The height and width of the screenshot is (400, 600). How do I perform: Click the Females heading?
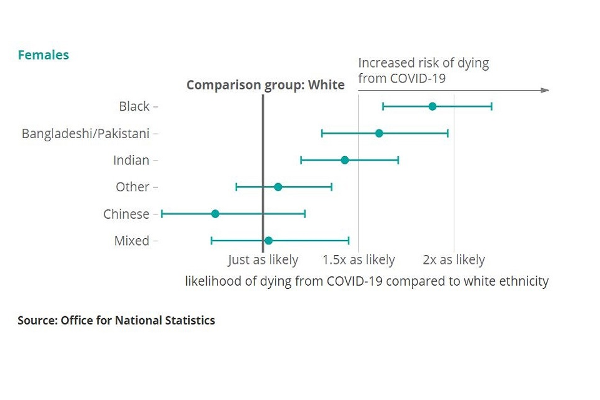[43, 55]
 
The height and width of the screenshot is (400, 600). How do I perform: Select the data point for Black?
[432, 106]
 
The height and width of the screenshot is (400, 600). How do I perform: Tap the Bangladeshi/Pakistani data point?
[379, 133]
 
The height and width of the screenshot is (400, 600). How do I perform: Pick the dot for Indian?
[344, 160]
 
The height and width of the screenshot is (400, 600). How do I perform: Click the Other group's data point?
[278, 187]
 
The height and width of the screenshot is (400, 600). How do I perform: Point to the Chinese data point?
[215, 214]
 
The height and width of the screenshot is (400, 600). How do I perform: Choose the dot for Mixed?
[268, 241]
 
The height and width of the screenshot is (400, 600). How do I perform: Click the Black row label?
[134, 106]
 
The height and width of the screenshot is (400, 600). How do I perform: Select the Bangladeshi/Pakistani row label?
[86, 133]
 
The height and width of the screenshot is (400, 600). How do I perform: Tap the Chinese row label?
[126, 214]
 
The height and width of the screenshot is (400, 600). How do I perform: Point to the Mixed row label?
[132, 241]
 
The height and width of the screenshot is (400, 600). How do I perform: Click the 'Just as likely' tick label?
[263, 260]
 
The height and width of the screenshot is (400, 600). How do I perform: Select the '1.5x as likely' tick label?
[359, 260]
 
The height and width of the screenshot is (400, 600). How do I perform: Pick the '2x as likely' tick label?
[454, 260]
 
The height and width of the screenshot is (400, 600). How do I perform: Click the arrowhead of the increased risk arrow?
[545, 90]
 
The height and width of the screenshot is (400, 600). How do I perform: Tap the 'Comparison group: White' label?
[265, 85]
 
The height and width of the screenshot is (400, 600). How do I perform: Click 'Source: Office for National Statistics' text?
[116, 321]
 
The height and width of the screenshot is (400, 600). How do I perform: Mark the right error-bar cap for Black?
[491, 106]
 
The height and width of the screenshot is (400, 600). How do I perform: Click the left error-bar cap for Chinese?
[162, 214]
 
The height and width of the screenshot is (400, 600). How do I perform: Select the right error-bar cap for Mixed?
[349, 241]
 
